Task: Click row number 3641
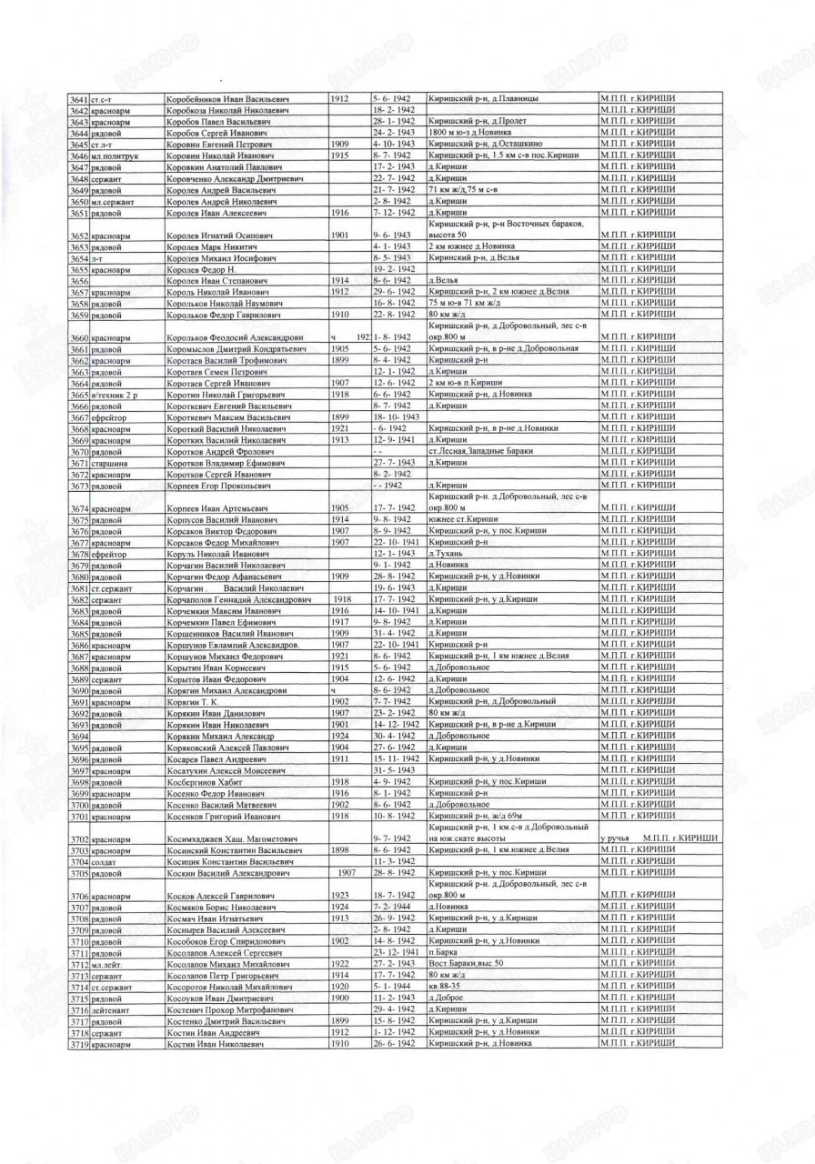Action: pos(78,97)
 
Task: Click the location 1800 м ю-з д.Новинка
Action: pos(474,133)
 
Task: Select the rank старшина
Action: pos(110,464)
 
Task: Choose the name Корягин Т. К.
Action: pos(197,701)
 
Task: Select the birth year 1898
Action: pos(341,849)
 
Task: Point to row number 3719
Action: pos(78,1044)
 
